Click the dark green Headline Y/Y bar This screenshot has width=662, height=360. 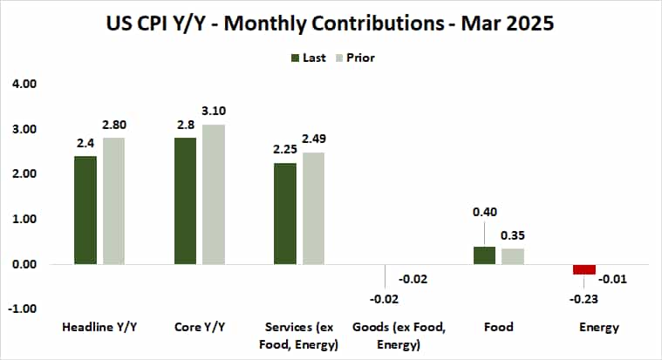[x=85, y=210]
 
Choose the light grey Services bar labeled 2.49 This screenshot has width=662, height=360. [x=312, y=208]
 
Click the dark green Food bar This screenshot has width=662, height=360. [x=484, y=255]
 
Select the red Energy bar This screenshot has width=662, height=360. [x=584, y=269]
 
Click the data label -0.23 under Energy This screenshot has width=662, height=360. [x=584, y=299]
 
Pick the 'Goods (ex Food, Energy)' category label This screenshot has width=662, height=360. [x=386, y=335]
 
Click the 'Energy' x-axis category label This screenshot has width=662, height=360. [x=598, y=328]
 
